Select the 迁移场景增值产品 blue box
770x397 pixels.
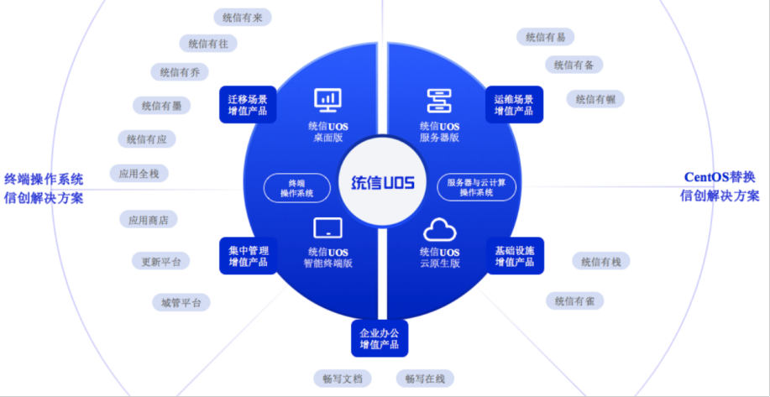pyautogui.click(x=248, y=105)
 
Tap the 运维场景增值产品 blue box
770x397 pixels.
pyautogui.click(x=514, y=105)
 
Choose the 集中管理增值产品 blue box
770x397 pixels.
pyautogui.click(x=248, y=255)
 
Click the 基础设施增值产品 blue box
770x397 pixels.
pyautogui.click(x=514, y=255)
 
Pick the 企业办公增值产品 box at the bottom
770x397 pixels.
pyautogui.click(x=379, y=337)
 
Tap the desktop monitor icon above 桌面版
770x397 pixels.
pyautogui.click(x=327, y=100)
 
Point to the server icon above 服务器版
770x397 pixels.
pyautogui.click(x=439, y=100)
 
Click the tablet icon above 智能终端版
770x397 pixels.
pyautogui.click(x=327, y=227)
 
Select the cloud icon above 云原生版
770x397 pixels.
pyautogui.click(x=439, y=227)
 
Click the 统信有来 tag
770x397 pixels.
pyautogui.click(x=242, y=17)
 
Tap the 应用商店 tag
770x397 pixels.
pyautogui.click(x=148, y=220)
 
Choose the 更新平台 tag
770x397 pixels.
pyautogui.click(x=160, y=261)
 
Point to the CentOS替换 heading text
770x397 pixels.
pyautogui.click(x=719, y=176)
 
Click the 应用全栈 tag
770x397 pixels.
pyautogui.click(x=139, y=174)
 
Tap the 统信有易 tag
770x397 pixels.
pyautogui.click(x=545, y=37)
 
